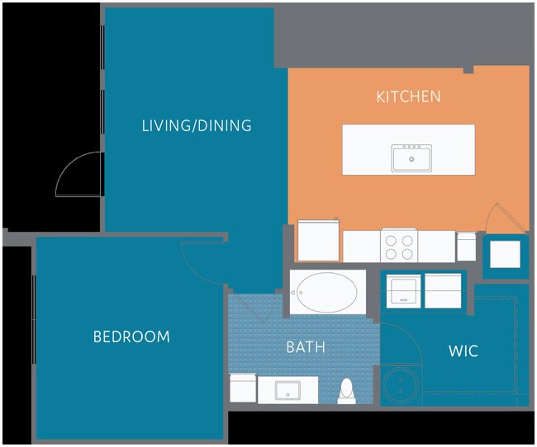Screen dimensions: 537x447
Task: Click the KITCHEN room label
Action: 409,96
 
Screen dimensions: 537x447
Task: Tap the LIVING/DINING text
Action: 197,125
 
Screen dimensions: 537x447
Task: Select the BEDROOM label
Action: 131,336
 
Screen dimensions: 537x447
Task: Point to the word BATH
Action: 306,347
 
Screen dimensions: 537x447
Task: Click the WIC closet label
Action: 463,351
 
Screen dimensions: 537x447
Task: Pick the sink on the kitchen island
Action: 411,158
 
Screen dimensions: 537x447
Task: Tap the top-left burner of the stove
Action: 391,241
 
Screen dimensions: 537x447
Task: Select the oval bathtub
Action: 327,293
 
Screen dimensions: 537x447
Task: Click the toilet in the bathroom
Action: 347,391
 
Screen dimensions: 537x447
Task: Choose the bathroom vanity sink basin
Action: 288,391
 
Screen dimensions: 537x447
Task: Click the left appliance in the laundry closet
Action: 403,291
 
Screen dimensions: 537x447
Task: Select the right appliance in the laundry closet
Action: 443,291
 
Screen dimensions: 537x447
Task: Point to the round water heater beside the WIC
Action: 401,385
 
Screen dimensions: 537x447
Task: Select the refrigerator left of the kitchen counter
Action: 319,241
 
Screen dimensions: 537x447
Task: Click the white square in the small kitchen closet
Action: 505,254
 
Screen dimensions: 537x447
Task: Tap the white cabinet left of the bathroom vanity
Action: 243,388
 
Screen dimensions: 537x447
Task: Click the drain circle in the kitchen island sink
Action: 411,159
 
